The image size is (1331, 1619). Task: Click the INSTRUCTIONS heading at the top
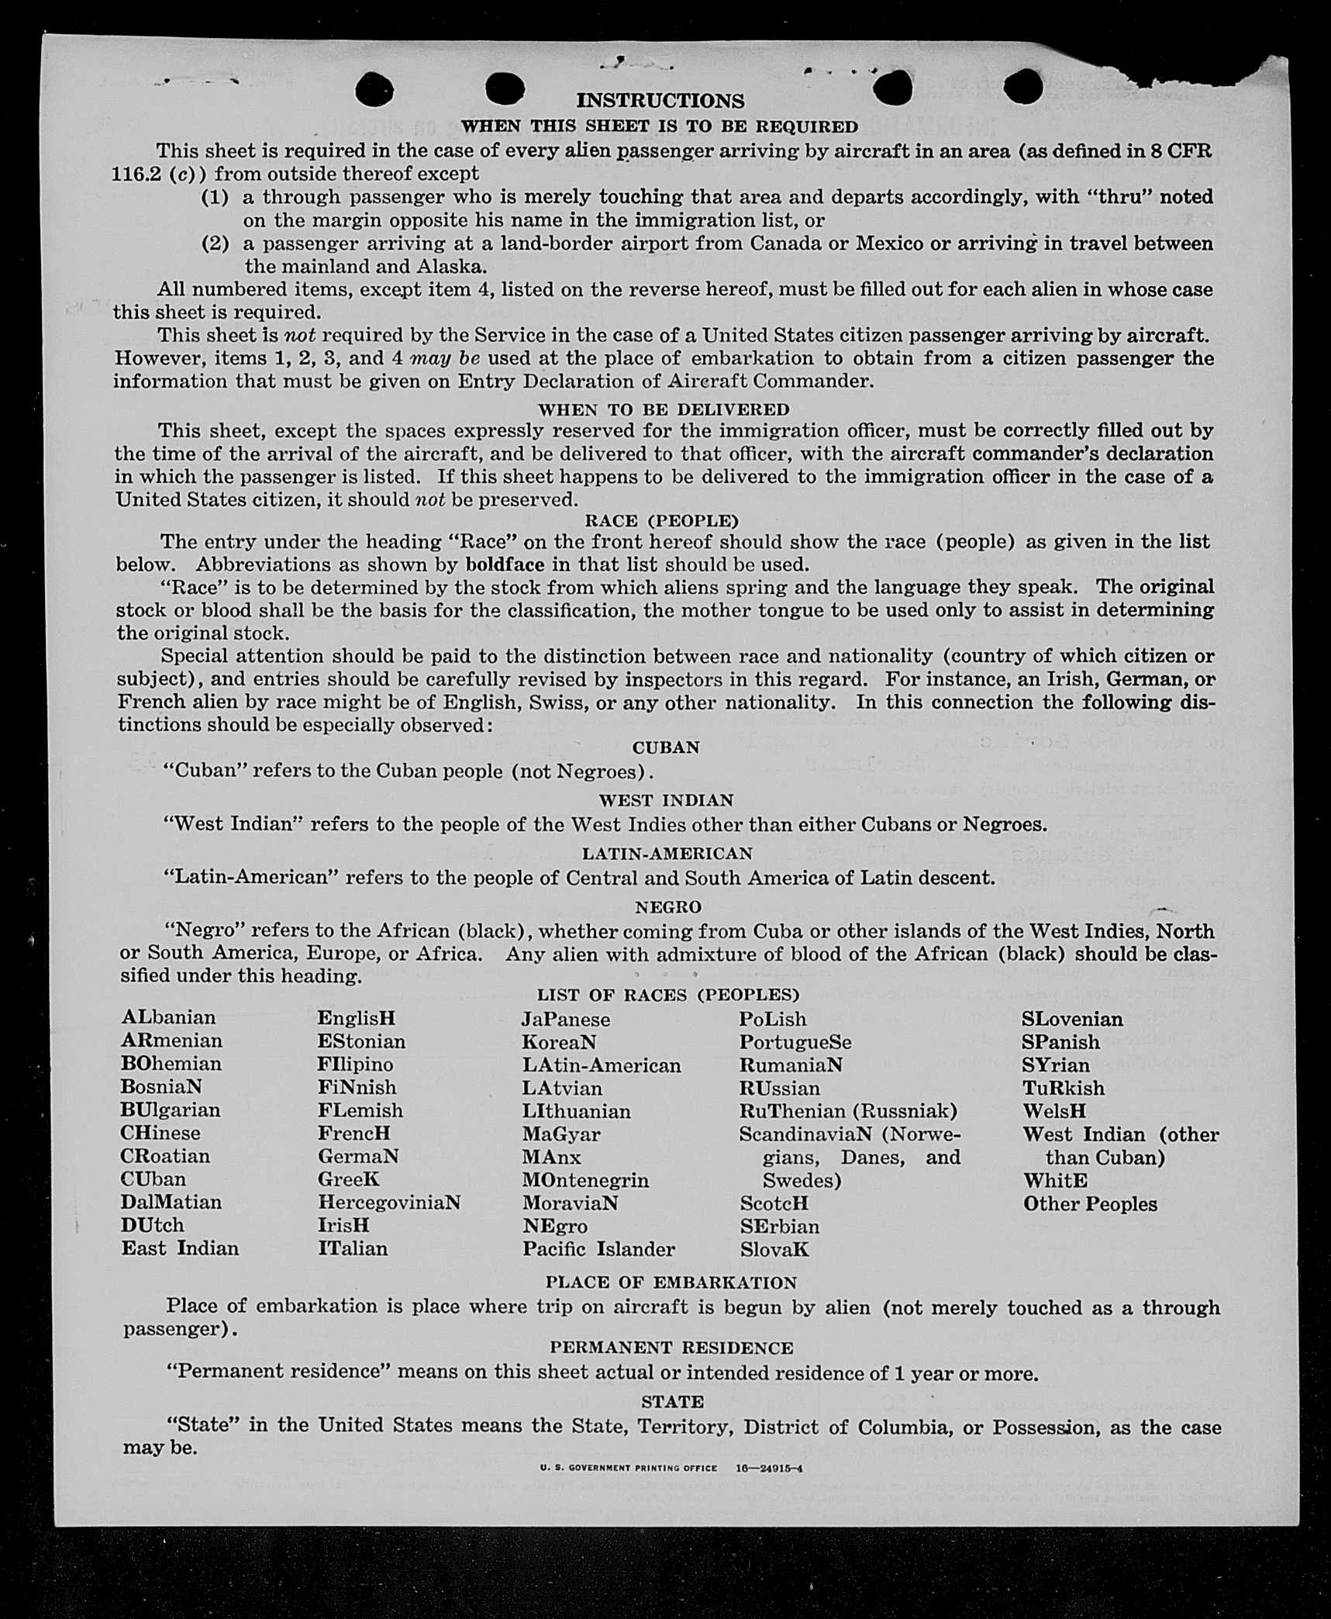click(x=660, y=101)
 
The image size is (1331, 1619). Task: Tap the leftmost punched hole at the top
click(x=374, y=89)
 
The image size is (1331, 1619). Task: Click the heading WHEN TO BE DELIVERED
click(x=664, y=409)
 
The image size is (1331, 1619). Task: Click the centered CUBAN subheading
click(x=666, y=747)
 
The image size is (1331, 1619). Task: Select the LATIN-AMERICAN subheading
click(x=667, y=854)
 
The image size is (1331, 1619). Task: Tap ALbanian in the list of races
click(x=168, y=1017)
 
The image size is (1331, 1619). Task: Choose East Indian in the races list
click(x=180, y=1248)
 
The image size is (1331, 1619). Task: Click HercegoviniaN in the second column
click(x=388, y=1202)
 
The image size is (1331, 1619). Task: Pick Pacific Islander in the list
click(x=598, y=1249)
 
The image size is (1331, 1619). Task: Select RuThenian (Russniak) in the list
click(x=848, y=1111)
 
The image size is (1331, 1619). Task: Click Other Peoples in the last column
click(x=1089, y=1204)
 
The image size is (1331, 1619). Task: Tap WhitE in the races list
click(x=1055, y=1181)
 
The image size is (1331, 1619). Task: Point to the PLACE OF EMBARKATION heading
click(x=671, y=1283)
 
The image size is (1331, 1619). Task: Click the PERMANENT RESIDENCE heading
click(x=671, y=1348)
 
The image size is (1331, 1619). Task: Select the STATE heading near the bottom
click(x=672, y=1402)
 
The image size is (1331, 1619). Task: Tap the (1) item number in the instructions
click(x=215, y=198)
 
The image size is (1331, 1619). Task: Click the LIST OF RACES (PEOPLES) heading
click(x=667, y=995)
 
